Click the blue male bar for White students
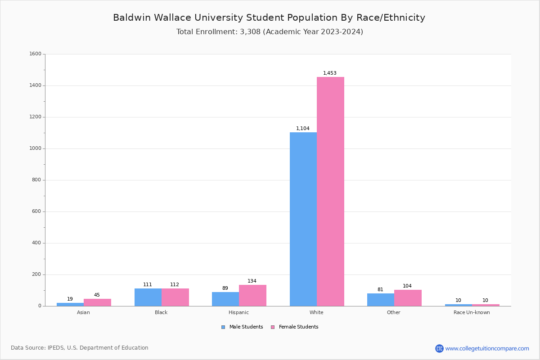coord(303,219)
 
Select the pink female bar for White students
coord(330,192)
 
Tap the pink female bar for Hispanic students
coord(252,295)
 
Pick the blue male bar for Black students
coord(148,297)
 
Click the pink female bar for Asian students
coord(97,302)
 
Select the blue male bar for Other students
coord(381,300)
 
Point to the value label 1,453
coord(329,73)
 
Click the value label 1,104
coord(302,128)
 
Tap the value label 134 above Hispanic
coord(252,281)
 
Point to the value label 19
coord(70,299)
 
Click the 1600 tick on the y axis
coord(35,54)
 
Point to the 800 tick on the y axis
coord(36,180)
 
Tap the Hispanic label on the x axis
coord(238,312)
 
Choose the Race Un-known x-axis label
coord(472,312)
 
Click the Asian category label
coord(83,312)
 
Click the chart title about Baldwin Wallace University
coord(269,18)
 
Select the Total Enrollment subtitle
coord(270,31)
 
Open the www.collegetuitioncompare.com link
coord(487,348)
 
